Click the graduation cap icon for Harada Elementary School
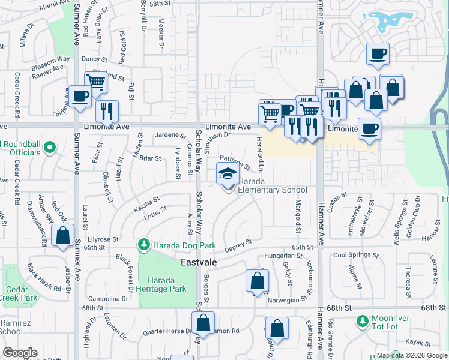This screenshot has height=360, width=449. coord(227,174)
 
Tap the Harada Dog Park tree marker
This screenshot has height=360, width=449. coord(143,244)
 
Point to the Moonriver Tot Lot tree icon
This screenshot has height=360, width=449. coord(362,322)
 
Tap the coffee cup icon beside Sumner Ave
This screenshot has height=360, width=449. coord(80,96)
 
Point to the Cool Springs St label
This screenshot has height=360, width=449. coord(357,255)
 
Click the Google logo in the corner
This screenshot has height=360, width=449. coord(20,353)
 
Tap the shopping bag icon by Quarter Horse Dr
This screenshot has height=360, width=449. coord(203,323)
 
